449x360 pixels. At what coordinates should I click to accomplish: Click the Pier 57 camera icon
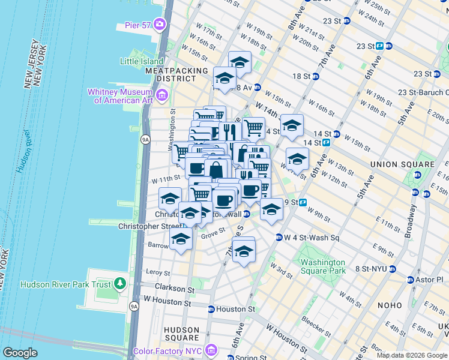click(x=159, y=24)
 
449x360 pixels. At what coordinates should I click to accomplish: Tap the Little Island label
click(x=142, y=61)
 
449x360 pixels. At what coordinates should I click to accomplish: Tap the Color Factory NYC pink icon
click(x=210, y=350)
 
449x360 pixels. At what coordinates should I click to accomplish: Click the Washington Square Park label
click(x=323, y=266)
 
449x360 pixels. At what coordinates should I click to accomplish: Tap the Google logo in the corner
click(x=20, y=353)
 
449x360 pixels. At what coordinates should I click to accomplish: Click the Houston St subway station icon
click(x=211, y=310)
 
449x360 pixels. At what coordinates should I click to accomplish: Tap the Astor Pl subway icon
click(x=411, y=280)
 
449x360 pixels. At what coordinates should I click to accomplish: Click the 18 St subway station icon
click(x=316, y=76)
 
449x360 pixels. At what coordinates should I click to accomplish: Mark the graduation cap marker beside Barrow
click(x=181, y=239)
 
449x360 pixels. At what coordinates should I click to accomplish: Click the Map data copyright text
click(x=411, y=355)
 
